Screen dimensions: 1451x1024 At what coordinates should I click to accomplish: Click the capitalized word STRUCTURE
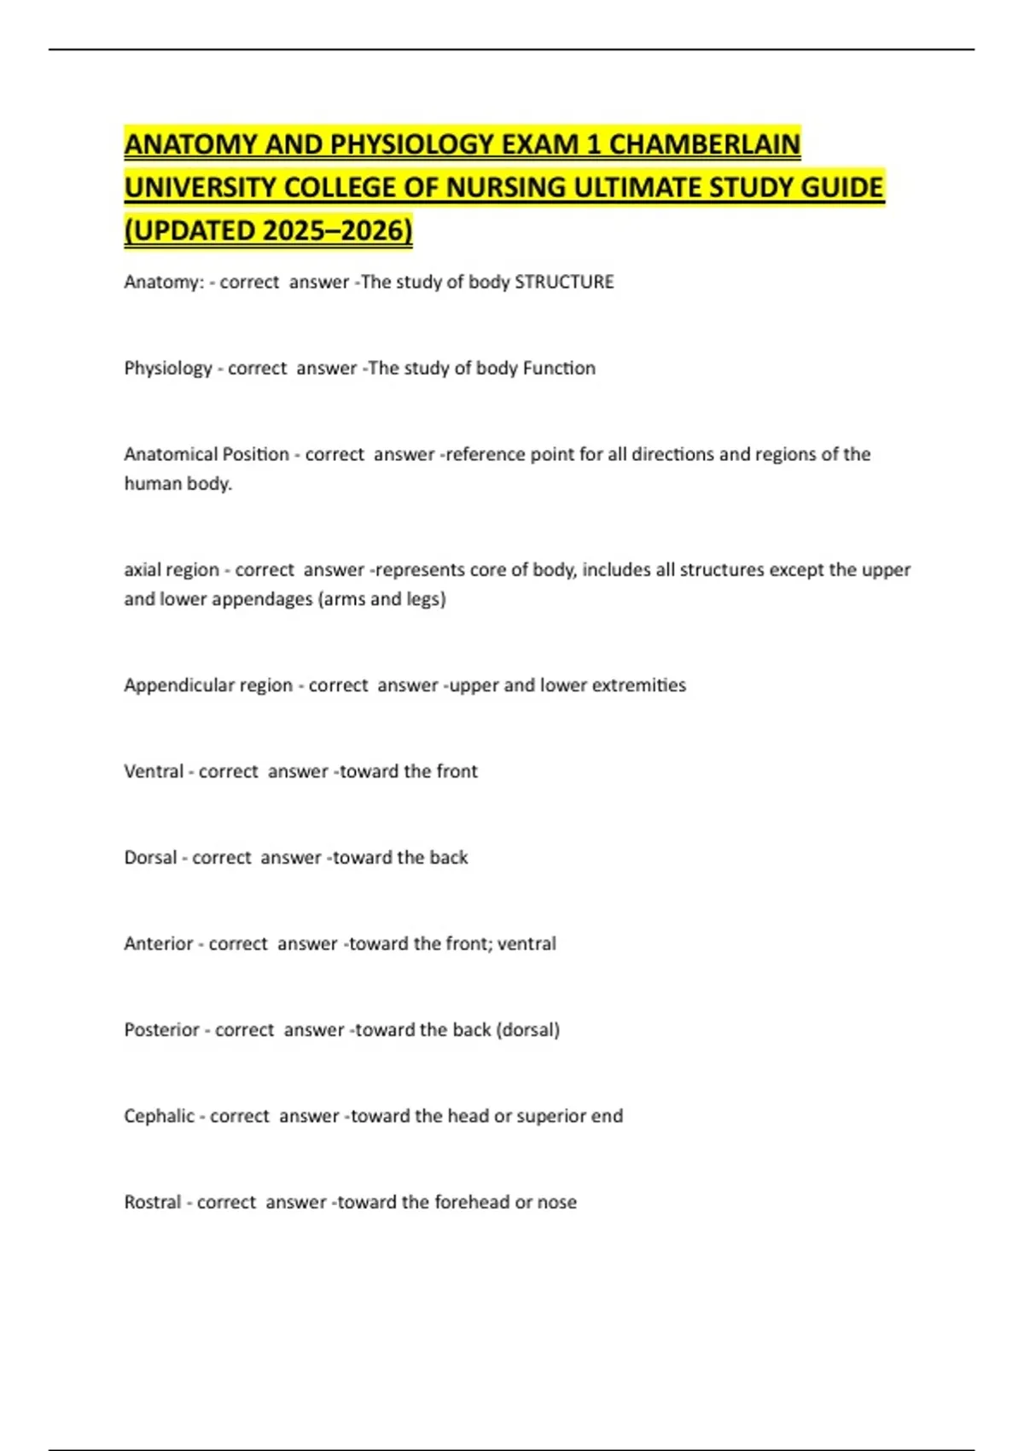click(x=564, y=282)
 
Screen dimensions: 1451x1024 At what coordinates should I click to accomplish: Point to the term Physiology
click(x=168, y=368)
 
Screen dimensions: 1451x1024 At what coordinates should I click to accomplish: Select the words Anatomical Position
click(x=207, y=454)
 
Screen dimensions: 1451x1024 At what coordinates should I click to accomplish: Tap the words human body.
click(x=177, y=483)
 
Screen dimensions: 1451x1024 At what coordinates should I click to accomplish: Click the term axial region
click(x=172, y=569)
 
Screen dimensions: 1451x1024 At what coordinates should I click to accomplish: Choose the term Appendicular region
click(x=208, y=685)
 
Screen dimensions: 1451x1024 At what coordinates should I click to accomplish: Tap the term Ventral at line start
click(x=154, y=771)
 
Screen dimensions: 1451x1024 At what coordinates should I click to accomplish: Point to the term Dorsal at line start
click(x=150, y=857)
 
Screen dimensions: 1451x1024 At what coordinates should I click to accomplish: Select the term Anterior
click(x=159, y=943)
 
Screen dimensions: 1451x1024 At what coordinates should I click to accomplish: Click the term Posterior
click(x=161, y=1029)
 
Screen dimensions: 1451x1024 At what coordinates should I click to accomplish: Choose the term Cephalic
click(x=159, y=1116)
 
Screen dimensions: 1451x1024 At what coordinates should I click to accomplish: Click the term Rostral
click(x=153, y=1202)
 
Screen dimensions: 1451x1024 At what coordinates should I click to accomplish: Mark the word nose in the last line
click(x=556, y=1202)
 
